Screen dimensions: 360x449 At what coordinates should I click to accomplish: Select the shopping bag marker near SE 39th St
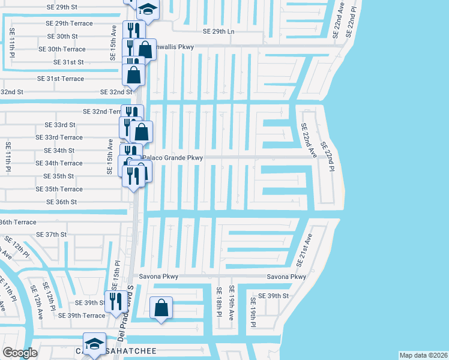(161, 308)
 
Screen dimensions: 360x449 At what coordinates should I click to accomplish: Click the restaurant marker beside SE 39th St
(114, 301)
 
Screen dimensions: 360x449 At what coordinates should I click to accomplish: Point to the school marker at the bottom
(94, 344)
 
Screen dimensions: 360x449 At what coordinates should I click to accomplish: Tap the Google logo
(20, 353)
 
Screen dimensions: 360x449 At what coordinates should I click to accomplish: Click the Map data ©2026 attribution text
(423, 355)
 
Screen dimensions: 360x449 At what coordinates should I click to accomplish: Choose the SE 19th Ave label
(231, 306)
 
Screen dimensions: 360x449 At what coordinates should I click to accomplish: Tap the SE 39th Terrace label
(82, 316)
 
